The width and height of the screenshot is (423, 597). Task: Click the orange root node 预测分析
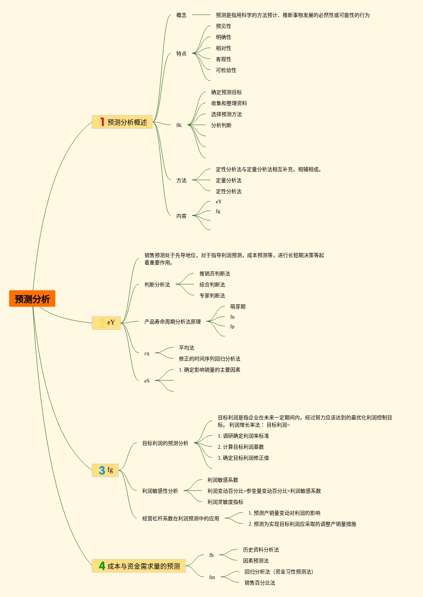coord(32,299)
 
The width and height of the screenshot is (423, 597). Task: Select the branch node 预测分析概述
coord(127,122)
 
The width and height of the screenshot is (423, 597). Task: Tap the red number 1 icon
coord(102,122)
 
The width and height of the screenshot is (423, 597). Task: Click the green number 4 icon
coord(102,566)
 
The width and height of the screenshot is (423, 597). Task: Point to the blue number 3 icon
coord(102,470)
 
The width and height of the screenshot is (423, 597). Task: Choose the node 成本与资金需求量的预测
coord(143,566)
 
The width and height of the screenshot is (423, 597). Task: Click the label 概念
coord(181,15)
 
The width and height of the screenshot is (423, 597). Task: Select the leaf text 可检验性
coord(226,70)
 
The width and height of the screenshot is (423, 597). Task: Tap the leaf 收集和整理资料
coord(229,103)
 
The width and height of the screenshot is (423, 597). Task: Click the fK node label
coord(179,125)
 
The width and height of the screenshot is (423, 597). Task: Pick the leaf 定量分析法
coord(228,180)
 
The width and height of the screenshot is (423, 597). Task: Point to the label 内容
coord(181,216)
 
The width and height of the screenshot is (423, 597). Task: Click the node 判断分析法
coord(157,285)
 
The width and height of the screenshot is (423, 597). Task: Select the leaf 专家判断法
coord(212,296)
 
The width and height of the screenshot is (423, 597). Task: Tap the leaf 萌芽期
coord(238,307)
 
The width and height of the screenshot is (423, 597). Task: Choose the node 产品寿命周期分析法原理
coord(172,322)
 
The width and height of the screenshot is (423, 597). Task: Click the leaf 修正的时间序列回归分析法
coord(209,359)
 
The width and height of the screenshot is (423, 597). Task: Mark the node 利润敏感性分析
coord(160,491)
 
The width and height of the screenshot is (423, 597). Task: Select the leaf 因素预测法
coord(255,561)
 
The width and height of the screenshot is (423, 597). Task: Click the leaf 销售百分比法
coord(260,583)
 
